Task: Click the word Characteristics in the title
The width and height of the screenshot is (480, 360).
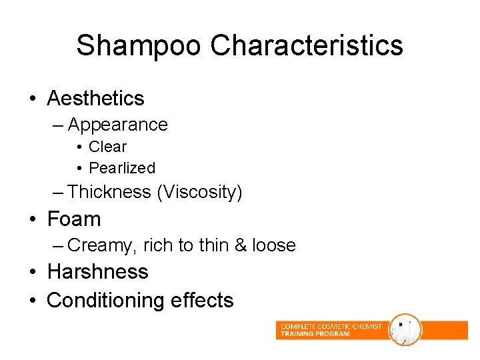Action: pos(307,46)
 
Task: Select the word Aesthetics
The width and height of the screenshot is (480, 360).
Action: pos(95,99)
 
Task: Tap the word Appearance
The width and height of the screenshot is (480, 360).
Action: pos(117,125)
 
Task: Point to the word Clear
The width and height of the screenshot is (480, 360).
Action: pos(107,147)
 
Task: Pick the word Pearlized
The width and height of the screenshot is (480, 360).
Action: pos(121,168)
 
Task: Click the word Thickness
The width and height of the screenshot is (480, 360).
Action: pos(109,192)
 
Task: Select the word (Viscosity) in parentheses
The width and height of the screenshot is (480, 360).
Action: pos(199,193)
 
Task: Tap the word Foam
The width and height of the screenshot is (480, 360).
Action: pos(74,219)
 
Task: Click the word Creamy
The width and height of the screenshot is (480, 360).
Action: pos(103,246)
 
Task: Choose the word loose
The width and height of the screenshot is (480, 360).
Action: pos(274,245)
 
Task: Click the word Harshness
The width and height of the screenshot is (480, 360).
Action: pos(97,272)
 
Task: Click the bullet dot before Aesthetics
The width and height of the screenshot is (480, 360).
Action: pos(32,99)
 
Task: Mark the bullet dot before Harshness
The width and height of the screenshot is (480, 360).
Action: pos(32,273)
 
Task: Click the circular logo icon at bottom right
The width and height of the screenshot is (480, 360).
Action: pos(405,329)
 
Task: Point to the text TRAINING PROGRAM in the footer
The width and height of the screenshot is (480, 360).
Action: pos(315,334)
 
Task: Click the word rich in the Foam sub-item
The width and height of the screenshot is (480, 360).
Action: pos(158,245)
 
